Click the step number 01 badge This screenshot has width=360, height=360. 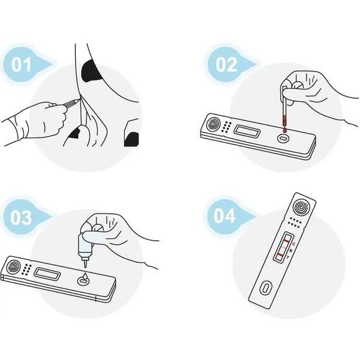[22, 65]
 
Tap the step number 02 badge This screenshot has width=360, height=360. [227, 65]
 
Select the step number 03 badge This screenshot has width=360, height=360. [22, 217]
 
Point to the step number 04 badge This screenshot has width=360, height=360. [225, 216]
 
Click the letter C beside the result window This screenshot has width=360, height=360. [294, 244]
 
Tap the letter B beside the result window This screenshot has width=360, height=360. [291, 251]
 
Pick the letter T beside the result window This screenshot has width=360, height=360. [288, 257]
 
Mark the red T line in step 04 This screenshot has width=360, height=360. [280, 256]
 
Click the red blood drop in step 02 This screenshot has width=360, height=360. [285, 130]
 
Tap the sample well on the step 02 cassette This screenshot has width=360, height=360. [284, 139]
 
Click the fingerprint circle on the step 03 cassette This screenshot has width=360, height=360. [14, 267]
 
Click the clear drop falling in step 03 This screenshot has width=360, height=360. [84, 276]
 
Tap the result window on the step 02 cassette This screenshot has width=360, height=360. [247, 131]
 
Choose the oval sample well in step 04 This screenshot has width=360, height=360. [266, 287]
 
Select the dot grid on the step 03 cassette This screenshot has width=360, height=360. [27, 269]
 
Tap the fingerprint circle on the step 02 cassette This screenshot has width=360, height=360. [214, 124]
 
